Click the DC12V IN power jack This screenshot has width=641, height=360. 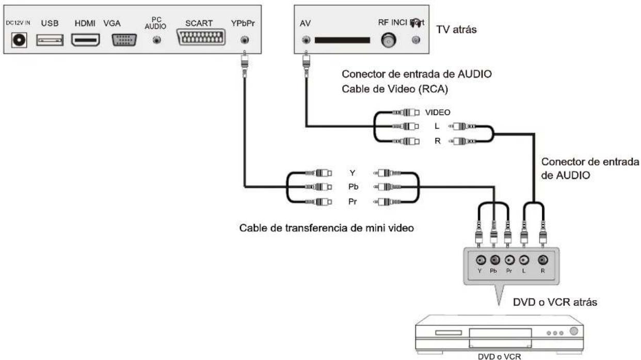coord(20,40)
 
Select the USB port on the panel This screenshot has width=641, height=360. coord(50,40)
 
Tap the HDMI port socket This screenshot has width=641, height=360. coord(86,40)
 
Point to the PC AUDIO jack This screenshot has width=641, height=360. coord(157,40)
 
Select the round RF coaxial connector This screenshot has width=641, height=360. coord(388,40)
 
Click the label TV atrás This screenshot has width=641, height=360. coord(456,30)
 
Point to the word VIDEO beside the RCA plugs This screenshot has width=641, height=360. coord(438,112)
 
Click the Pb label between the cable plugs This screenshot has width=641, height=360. coord(354,187)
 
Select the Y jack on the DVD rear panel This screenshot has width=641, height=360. coord(480,260)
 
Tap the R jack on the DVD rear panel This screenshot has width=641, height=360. coord(542,260)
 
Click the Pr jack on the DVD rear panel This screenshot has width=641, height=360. coord(510,260)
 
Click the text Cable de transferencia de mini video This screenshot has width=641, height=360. coord(327,227)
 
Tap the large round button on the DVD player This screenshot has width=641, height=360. coord(573,332)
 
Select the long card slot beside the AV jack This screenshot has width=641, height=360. coord(342,40)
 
